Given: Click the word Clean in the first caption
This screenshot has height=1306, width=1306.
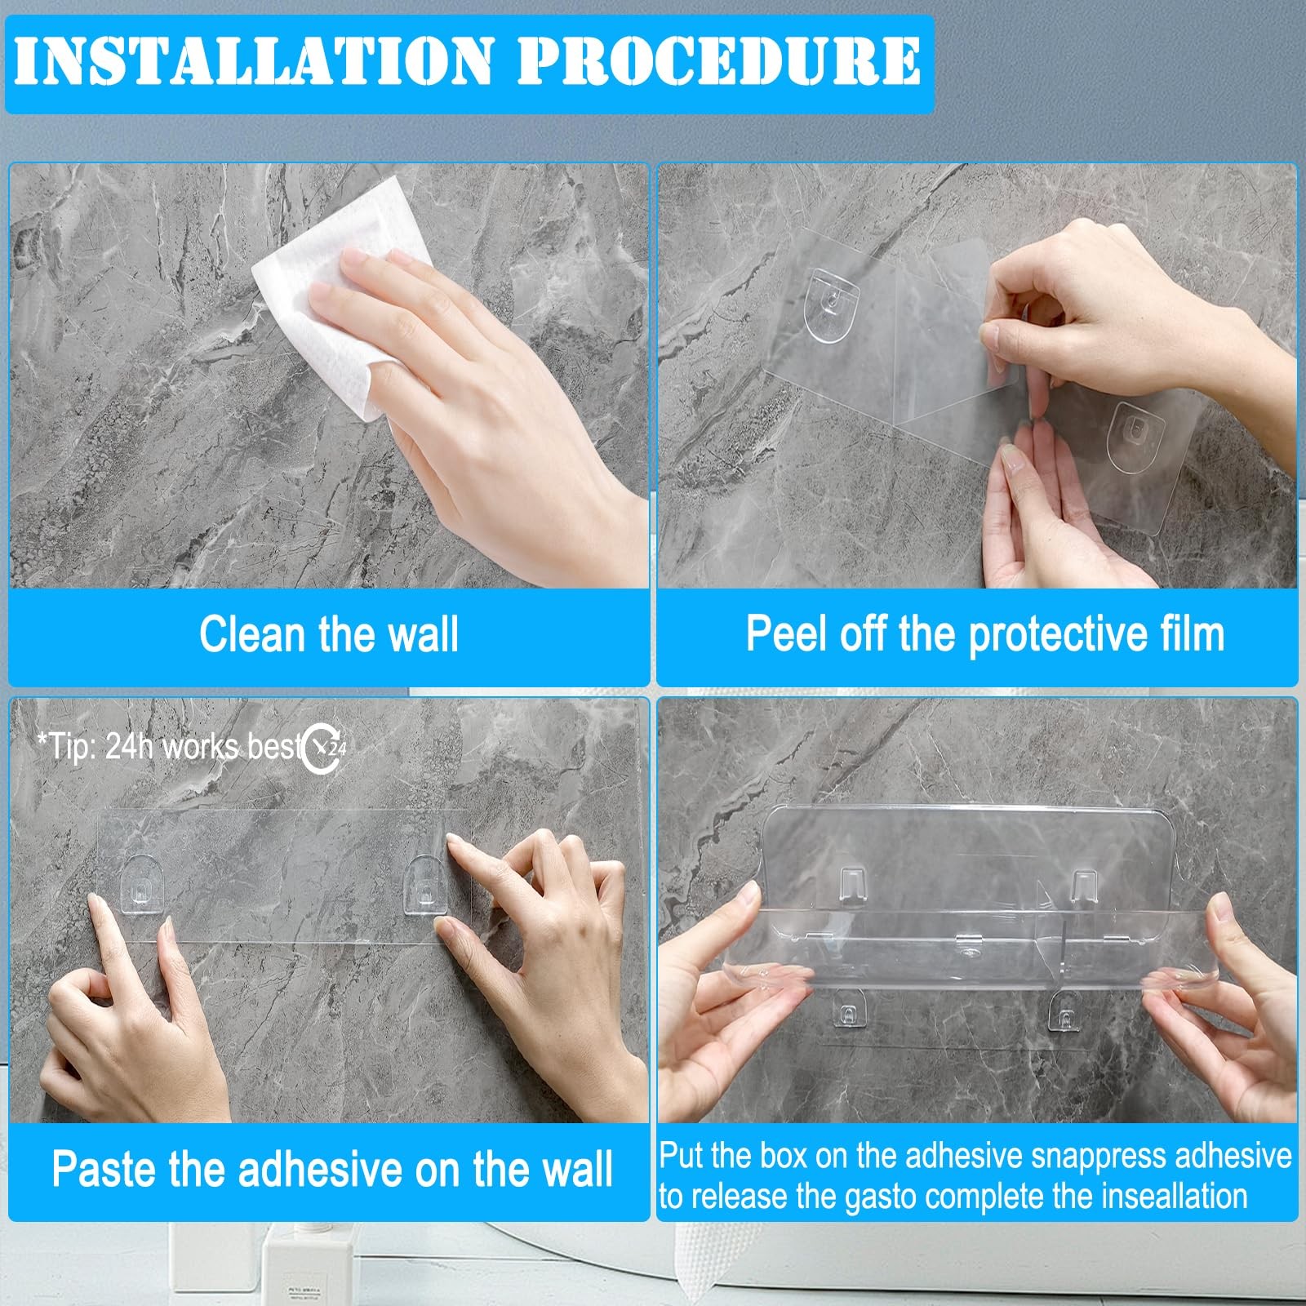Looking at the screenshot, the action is pos(253,634).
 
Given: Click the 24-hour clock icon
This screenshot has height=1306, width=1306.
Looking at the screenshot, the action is pos(324,748).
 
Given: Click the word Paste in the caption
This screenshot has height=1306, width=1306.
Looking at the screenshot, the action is pos(104,1169).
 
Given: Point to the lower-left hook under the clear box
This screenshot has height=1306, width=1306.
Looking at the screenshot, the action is pos(849,1009).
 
